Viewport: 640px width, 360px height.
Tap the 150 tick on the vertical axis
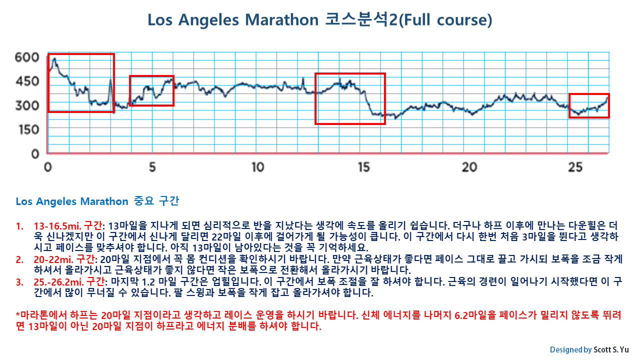pos(27,129)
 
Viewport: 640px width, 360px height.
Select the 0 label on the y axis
pos(35,153)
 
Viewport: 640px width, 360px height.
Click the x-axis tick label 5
pos(152,167)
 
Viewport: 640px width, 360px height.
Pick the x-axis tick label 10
pos(257,167)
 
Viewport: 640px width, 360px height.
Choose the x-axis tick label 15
pos(363,167)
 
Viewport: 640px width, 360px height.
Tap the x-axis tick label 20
pos(469,167)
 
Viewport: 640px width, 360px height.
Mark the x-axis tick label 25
pos(575,167)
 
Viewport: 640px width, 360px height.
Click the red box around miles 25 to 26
pos(589,105)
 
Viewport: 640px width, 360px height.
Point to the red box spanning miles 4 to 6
pos(151,90)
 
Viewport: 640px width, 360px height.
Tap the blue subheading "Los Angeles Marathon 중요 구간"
pos(97,201)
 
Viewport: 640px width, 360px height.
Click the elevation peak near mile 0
pos(54,59)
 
